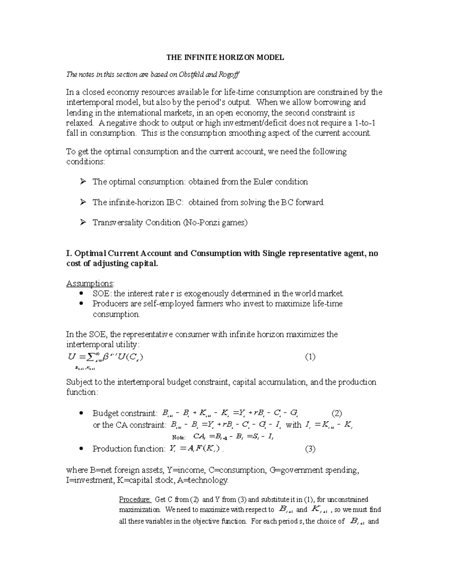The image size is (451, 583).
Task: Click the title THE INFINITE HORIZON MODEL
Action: pyautogui.click(x=225, y=57)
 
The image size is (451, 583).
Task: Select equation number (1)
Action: pyautogui.click(x=310, y=357)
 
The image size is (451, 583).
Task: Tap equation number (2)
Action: pyautogui.click(x=336, y=414)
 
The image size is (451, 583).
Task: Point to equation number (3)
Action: pyautogui.click(x=310, y=449)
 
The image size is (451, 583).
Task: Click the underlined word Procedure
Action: pyautogui.click(x=135, y=500)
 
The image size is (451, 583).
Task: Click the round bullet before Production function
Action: pyautogui.click(x=82, y=449)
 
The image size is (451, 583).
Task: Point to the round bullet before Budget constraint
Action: pyautogui.click(x=82, y=414)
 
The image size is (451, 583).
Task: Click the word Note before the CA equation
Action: pyautogui.click(x=179, y=437)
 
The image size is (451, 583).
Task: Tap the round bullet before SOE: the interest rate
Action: pyautogui.click(x=82, y=294)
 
